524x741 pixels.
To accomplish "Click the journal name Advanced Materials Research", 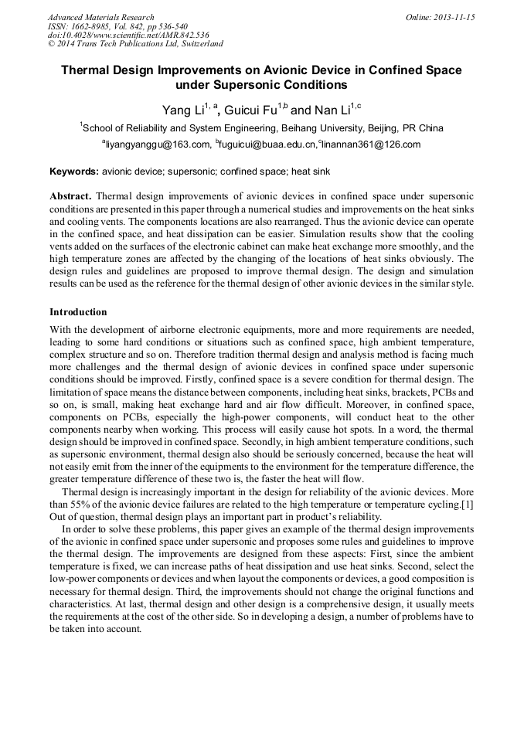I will pos(100,17).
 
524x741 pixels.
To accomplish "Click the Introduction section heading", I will pos(78,312).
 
